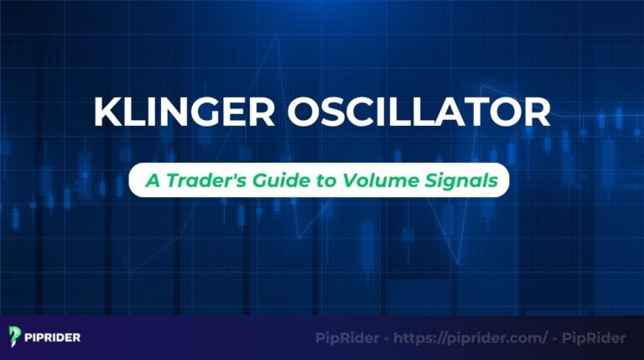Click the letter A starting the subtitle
coord(150,180)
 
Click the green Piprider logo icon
coord(15,337)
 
